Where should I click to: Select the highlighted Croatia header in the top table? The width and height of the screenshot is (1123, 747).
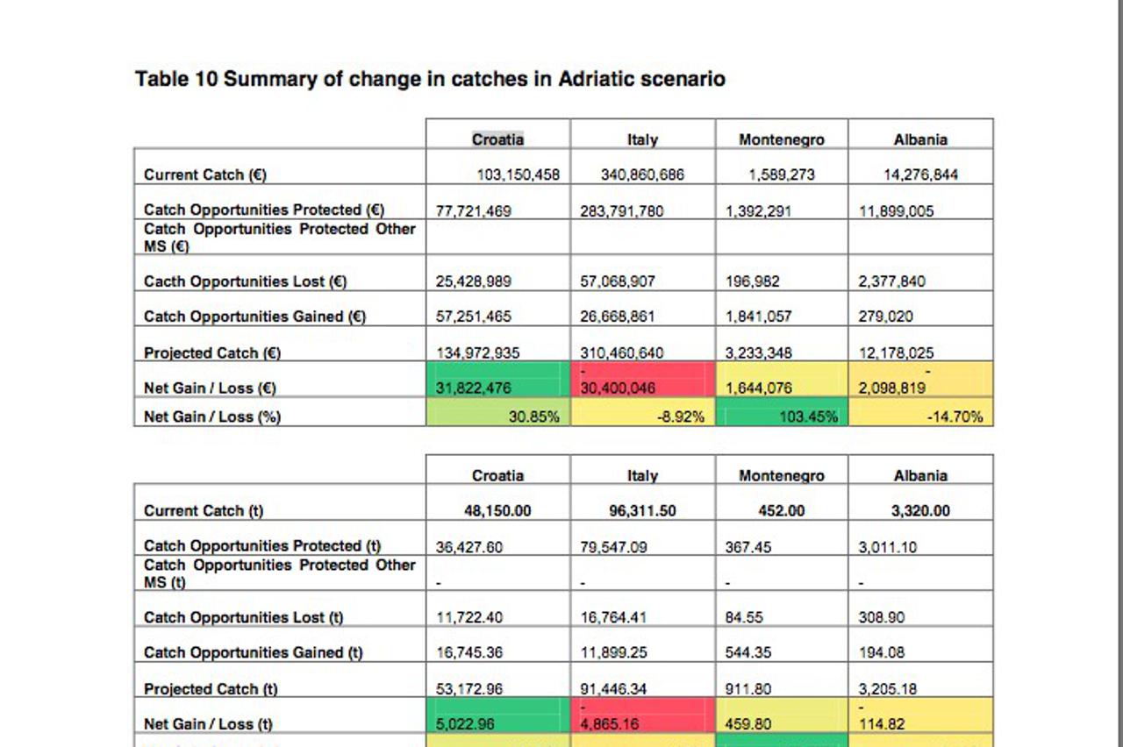[497, 139]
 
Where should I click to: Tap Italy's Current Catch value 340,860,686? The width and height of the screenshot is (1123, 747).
[642, 174]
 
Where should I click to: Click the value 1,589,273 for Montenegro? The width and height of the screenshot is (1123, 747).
[781, 174]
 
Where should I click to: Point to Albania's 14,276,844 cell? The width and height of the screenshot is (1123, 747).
[920, 174]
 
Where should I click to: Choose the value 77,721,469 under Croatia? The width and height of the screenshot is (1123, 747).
[474, 211]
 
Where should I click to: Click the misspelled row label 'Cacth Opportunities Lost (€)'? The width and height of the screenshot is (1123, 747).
[246, 281]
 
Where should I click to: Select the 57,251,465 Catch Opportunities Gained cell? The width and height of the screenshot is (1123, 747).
[474, 317]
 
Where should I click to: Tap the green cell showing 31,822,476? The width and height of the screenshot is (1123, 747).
[474, 388]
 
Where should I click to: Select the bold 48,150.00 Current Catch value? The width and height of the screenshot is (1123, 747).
[497, 510]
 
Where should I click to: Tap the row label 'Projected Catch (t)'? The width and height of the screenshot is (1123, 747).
[211, 689]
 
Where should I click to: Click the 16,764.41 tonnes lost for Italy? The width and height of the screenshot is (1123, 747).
[614, 617]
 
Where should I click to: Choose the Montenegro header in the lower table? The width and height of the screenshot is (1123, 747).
[781, 475]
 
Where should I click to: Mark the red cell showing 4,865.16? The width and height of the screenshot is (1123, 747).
[614, 724]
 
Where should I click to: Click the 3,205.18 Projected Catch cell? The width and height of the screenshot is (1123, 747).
[888, 689]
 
